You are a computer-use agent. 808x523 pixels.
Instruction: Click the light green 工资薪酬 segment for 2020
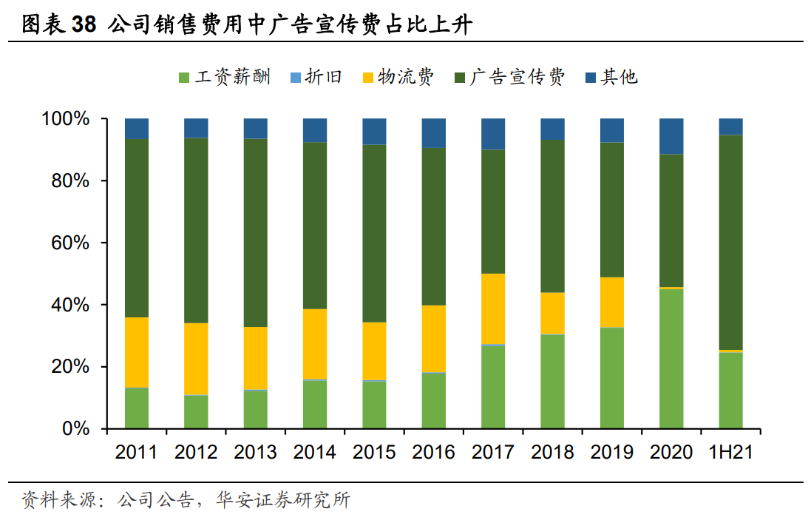(x=671, y=359)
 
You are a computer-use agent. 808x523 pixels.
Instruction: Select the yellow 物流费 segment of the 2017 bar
(x=493, y=309)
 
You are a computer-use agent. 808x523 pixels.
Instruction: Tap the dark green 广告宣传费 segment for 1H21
(x=730, y=243)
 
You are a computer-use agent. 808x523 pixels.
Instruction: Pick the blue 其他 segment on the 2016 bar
(x=434, y=133)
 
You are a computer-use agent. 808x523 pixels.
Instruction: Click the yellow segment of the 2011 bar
(x=137, y=352)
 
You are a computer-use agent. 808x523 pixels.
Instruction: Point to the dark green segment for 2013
(x=256, y=233)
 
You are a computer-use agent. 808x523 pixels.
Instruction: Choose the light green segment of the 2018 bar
(x=552, y=382)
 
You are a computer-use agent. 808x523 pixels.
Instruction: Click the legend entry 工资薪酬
(x=225, y=77)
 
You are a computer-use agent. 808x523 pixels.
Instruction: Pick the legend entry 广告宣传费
(x=509, y=77)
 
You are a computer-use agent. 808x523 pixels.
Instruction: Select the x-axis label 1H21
(x=730, y=452)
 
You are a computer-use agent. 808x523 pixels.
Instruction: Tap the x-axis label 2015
(x=374, y=452)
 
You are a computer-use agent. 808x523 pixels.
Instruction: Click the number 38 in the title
(x=84, y=25)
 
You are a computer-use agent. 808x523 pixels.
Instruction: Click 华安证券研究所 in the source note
(x=282, y=501)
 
